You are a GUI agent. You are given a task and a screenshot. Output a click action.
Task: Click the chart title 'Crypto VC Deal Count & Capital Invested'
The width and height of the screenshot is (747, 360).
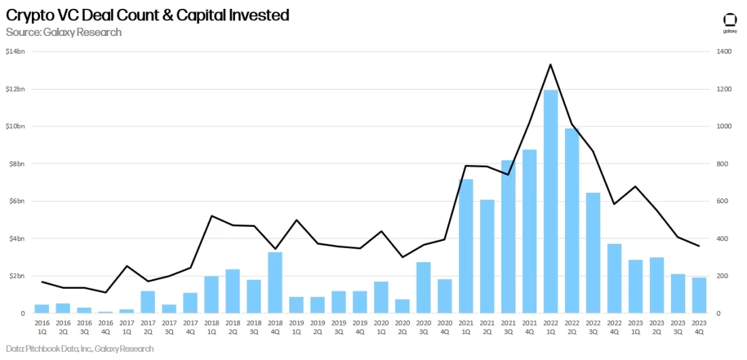click(147, 15)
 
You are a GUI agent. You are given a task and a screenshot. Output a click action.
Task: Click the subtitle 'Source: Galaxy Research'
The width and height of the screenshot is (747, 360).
click(64, 32)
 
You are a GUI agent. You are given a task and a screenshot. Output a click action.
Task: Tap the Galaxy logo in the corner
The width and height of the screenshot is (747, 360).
click(729, 22)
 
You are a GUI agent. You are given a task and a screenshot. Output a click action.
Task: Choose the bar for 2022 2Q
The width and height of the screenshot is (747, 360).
click(572, 221)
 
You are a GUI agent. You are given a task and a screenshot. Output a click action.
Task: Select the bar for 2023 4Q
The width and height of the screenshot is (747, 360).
click(699, 295)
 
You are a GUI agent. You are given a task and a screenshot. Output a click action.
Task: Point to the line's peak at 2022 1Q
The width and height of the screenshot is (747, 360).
click(550, 65)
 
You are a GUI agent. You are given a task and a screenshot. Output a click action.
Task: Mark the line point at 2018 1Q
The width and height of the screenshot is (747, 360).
click(212, 216)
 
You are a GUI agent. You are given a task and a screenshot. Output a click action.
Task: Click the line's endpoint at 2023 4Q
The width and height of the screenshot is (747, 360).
click(699, 246)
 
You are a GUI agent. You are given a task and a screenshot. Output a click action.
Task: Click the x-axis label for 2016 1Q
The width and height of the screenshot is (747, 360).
click(42, 327)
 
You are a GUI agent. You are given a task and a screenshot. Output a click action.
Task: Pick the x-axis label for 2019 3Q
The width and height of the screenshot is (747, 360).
click(339, 327)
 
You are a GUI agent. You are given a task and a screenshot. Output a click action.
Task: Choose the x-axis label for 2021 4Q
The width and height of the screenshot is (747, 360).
click(529, 327)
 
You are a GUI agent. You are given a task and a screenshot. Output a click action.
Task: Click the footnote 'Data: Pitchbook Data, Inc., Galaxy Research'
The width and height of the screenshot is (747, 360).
click(80, 348)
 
